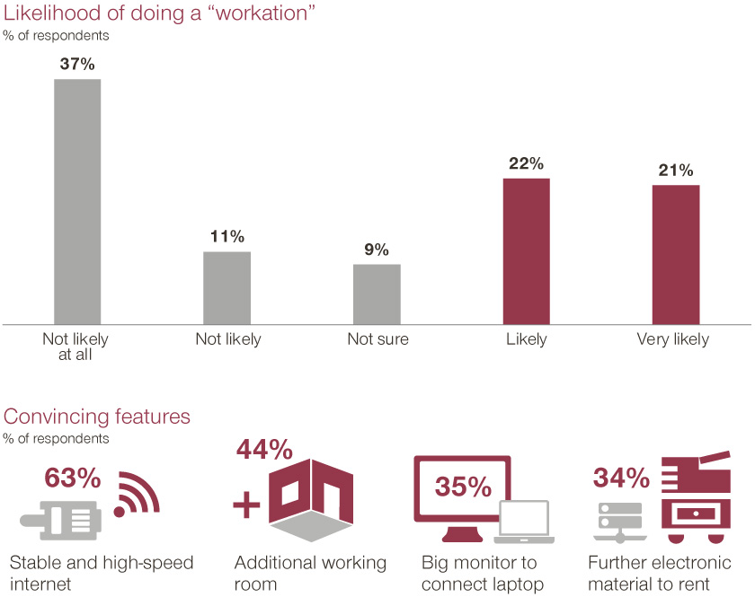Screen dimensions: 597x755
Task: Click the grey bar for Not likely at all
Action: click(x=77, y=201)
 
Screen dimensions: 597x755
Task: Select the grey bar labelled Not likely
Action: click(x=227, y=287)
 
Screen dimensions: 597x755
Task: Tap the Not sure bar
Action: click(x=377, y=294)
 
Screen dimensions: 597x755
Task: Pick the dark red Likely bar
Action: click(x=526, y=250)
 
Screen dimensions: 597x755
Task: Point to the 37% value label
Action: click(x=77, y=64)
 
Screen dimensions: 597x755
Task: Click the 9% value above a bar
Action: click(x=377, y=249)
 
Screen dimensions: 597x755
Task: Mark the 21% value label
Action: click(x=676, y=171)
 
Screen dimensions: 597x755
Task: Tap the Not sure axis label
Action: click(x=377, y=339)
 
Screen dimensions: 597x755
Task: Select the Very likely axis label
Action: click(x=672, y=339)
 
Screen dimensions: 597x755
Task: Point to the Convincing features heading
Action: click(x=97, y=417)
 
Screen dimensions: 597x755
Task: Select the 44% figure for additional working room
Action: click(x=264, y=448)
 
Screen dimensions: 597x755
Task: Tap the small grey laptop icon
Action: click(x=523, y=522)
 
